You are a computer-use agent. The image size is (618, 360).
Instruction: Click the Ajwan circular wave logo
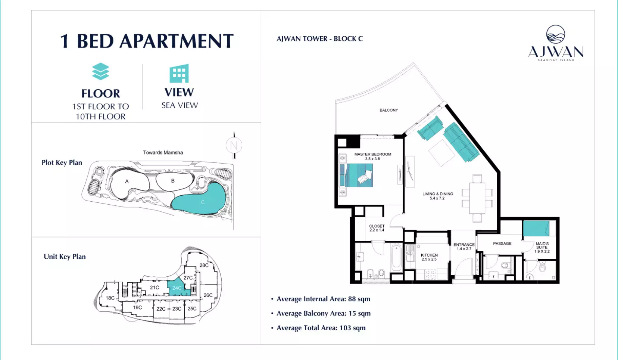pos(555,34)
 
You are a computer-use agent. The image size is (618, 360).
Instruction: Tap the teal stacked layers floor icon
pos(100,71)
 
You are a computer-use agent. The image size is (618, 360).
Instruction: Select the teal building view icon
pos(179,74)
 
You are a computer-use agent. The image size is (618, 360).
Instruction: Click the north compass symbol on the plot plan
pos(234,145)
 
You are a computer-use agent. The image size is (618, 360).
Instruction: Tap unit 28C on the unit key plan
pos(204,265)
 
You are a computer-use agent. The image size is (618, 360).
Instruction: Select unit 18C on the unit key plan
pos(110,298)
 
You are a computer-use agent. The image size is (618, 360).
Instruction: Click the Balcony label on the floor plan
pos(389,110)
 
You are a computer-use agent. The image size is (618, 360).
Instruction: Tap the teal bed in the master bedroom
pos(356,175)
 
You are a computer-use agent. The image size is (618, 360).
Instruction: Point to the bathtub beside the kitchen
pos(396,258)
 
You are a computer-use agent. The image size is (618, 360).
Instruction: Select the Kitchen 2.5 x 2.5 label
pos(429,257)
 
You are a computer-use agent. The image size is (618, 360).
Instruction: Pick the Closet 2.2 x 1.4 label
pos(377,228)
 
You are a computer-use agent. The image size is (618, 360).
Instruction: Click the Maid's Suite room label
pos(542,247)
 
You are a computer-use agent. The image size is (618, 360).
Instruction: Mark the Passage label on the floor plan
pos(502,243)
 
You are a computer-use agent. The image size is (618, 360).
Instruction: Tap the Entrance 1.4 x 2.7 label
pos(464,246)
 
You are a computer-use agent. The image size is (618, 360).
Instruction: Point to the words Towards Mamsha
pos(163,152)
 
